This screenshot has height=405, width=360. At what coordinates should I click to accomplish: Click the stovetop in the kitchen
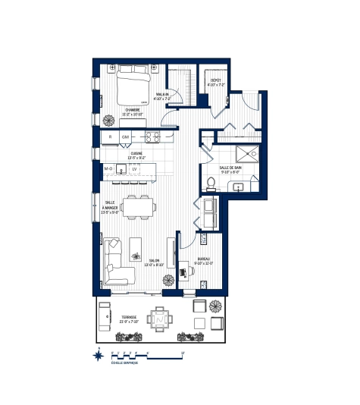[x=152, y=137]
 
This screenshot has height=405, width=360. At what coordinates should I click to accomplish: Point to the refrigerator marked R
[x=111, y=137]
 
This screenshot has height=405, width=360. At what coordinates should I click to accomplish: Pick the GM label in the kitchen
[x=126, y=137]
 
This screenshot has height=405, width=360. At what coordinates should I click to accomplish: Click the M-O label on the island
[x=108, y=168]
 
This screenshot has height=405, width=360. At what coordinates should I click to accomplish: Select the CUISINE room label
[x=136, y=155]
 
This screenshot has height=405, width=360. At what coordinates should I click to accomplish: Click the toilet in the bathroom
[x=210, y=183]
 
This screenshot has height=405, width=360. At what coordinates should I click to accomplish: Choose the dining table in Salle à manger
[x=138, y=206]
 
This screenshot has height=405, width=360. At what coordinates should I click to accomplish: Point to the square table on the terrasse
[x=160, y=319]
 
